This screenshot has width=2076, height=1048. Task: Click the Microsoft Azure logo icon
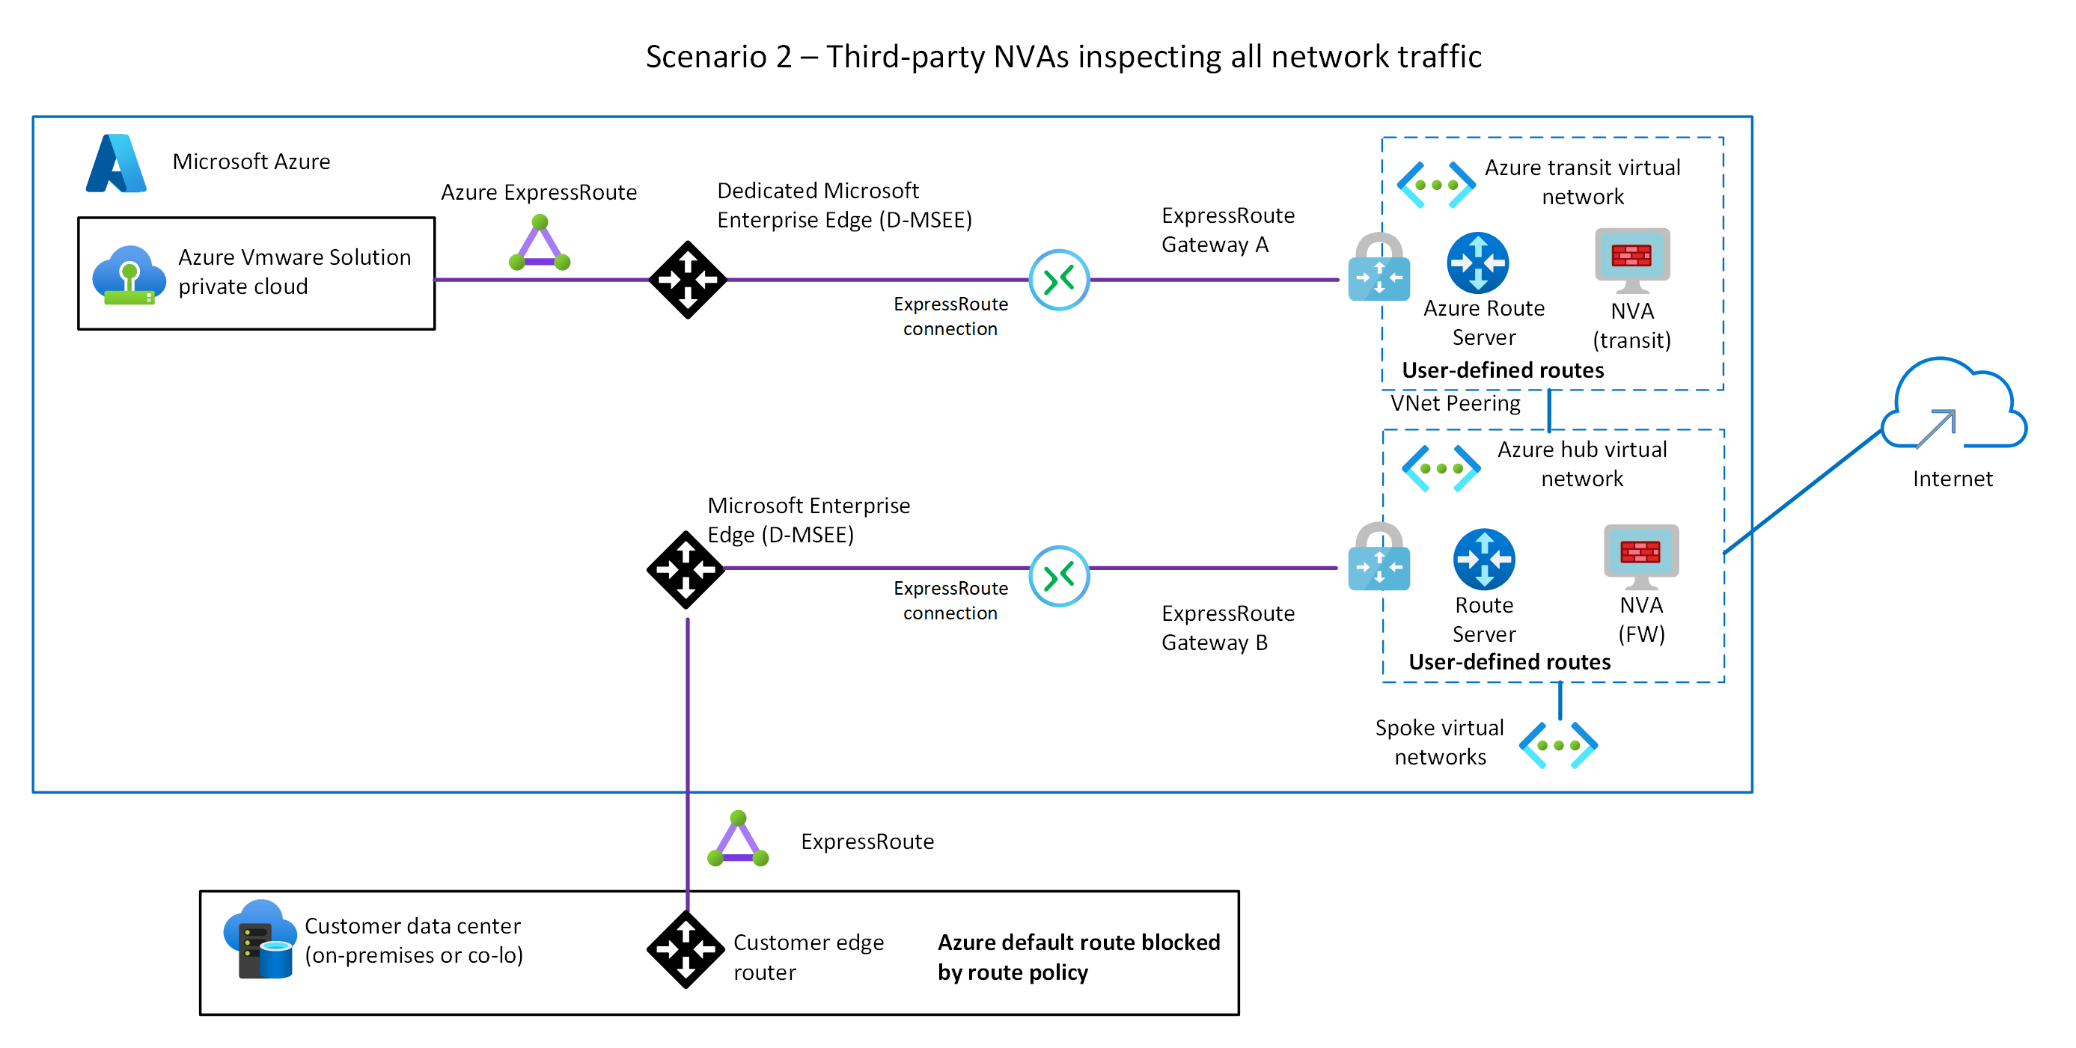coord(116,164)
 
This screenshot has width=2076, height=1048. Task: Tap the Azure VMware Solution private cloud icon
coord(129,275)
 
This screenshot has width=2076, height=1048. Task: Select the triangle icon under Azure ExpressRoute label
coord(539,244)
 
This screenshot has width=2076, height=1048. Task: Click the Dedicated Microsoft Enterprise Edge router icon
coord(688,280)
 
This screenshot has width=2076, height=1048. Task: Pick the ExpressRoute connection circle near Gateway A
coord(1059,280)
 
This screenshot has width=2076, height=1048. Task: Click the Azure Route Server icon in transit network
coord(1477,263)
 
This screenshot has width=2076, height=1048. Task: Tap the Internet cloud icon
coord(1953,407)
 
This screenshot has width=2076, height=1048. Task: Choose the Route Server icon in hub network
coord(1484,559)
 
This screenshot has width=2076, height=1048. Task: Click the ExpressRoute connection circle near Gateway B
coord(1059,575)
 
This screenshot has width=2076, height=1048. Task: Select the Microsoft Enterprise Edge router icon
coord(686,569)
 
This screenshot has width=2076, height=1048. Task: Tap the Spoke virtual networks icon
coord(1558,745)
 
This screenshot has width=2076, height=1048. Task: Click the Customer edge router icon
coord(686,950)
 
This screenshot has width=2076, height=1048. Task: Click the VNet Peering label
coord(1455,402)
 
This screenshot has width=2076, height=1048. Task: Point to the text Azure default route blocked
coord(1078,942)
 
